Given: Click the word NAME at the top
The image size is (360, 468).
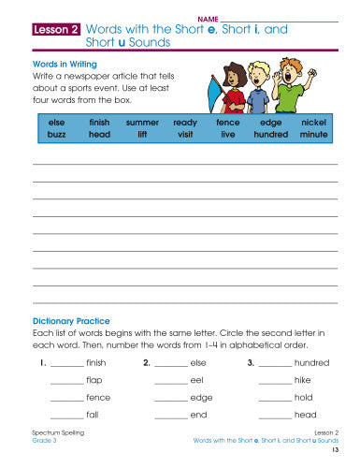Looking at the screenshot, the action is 208,19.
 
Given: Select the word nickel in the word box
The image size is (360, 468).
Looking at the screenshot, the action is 314,123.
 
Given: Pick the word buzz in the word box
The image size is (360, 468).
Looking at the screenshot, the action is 57,135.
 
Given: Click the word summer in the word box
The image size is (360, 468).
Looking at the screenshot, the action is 142,123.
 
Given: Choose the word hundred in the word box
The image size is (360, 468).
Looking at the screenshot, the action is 270,135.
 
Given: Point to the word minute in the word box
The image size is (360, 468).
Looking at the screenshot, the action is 314,135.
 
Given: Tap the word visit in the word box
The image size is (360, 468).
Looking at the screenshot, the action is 185,135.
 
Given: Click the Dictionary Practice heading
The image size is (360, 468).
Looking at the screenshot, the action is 71,321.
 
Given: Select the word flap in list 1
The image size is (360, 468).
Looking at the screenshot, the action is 94,380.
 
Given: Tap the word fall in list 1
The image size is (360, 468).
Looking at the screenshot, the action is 92,415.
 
